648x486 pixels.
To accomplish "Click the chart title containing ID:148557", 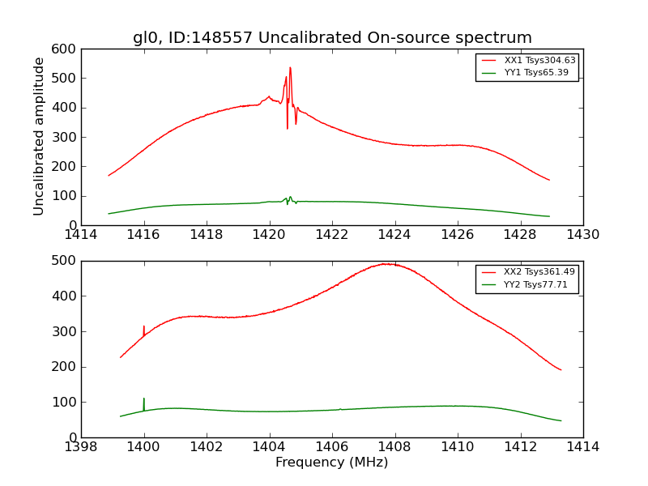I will pyautogui.click(x=332, y=38).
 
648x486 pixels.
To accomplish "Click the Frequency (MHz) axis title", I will pyautogui.click(x=332, y=463).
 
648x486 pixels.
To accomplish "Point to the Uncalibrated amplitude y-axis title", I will pyautogui.click(x=39, y=136).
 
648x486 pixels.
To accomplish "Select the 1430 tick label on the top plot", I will pyautogui.click(x=582, y=235).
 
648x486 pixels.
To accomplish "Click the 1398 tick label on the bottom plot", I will pyautogui.click(x=82, y=446).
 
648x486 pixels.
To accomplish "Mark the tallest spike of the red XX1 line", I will pyautogui.click(x=290, y=69).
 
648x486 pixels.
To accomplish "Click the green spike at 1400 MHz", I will pyautogui.click(x=144, y=399).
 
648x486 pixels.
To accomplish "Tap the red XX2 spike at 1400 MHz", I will pyautogui.click(x=144, y=327).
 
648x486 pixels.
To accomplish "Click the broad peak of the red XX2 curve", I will pyautogui.click(x=387, y=264).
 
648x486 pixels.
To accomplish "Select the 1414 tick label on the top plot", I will pyautogui.click(x=82, y=235).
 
